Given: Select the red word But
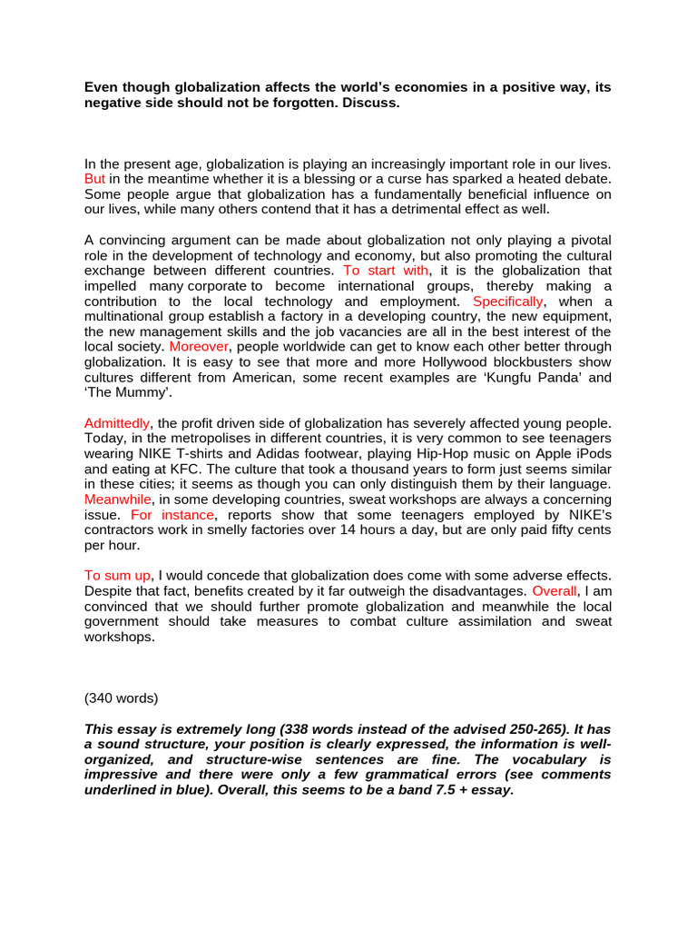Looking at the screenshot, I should (95, 179).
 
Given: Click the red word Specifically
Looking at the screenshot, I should (508, 301).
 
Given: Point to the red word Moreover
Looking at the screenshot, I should (200, 346).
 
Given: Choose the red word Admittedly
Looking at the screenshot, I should (117, 423).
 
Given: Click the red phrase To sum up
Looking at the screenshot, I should (117, 576).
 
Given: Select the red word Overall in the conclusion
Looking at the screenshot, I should (554, 591).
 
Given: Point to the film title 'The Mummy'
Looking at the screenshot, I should (127, 392).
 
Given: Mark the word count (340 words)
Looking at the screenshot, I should (121, 697).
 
